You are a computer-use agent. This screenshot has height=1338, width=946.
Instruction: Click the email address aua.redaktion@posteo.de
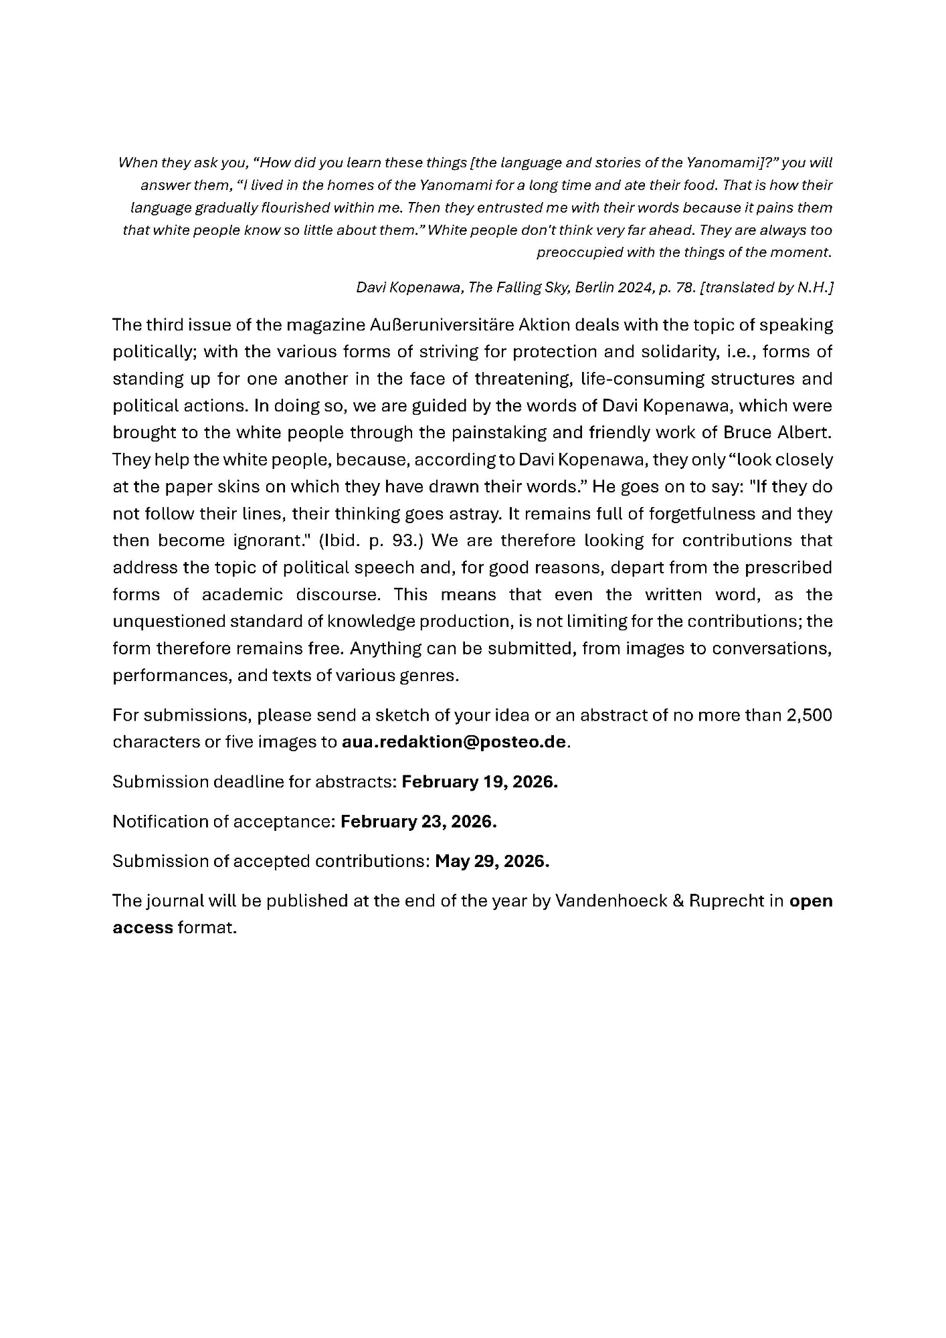[x=454, y=742]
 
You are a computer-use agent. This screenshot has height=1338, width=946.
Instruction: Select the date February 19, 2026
[x=479, y=782]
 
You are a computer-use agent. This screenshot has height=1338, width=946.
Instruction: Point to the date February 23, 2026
[x=418, y=822]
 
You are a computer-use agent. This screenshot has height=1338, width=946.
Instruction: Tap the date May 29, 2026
[x=492, y=861]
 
